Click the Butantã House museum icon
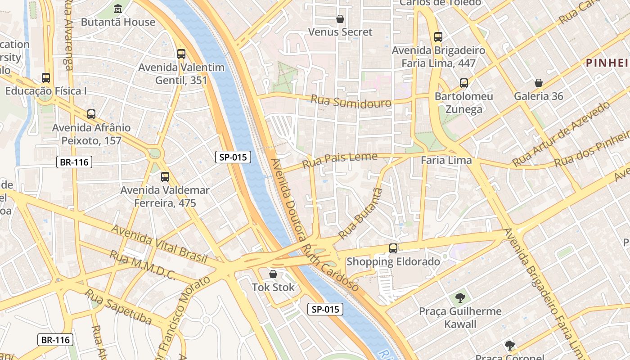tap(118, 9)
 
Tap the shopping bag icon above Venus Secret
tap(340, 19)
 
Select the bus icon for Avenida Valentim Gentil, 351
tap(181, 54)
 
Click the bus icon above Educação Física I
tap(46, 78)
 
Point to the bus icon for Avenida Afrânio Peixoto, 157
tap(91, 114)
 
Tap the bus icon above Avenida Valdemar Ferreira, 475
tap(165, 177)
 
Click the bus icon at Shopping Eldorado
tap(393, 248)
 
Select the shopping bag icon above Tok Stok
tap(273, 274)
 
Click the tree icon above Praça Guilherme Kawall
tap(460, 298)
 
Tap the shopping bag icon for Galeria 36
tap(538, 83)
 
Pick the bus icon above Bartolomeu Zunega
tap(464, 83)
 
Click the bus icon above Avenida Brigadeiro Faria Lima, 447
tap(438, 37)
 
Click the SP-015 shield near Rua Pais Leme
tap(233, 157)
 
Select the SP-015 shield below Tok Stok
tap(325, 309)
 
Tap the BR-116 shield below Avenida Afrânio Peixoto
tap(74, 162)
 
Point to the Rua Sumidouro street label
tap(351, 101)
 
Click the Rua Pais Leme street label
tap(340, 160)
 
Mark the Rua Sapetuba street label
tap(118, 306)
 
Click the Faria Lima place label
tap(446, 160)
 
